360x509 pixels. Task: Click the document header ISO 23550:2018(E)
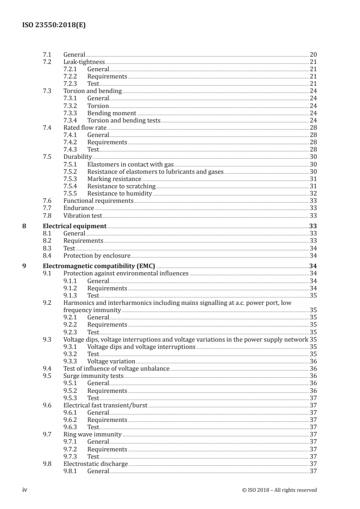point(54,25)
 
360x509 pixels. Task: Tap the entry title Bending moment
point(112,113)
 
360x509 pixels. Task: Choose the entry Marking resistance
point(114,179)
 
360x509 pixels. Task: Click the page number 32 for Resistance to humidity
point(313,193)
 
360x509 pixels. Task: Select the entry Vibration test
point(83,215)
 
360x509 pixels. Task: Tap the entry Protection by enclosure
point(97,255)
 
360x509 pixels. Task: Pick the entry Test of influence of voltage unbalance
point(116,368)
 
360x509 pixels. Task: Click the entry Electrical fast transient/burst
point(105,405)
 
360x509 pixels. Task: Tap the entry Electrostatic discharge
point(95,464)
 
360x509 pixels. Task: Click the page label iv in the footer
point(25,489)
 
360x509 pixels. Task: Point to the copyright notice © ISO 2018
point(280,490)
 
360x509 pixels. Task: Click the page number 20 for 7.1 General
point(313,54)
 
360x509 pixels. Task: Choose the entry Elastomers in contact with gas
point(130,164)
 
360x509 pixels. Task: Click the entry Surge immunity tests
point(93,376)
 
